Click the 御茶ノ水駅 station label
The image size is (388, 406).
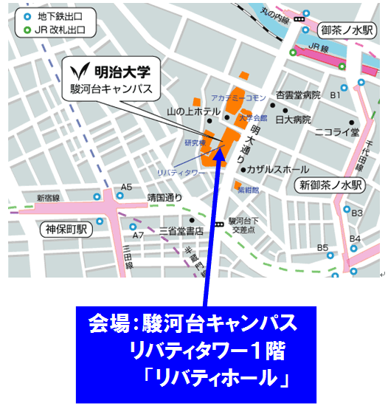click(x=347, y=30)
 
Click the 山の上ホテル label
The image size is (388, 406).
click(x=194, y=111)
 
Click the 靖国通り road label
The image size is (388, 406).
click(x=164, y=198)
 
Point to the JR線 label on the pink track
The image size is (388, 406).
click(x=318, y=48)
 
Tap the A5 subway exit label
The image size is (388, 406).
click(x=127, y=187)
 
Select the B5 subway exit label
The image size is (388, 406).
click(x=323, y=247)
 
